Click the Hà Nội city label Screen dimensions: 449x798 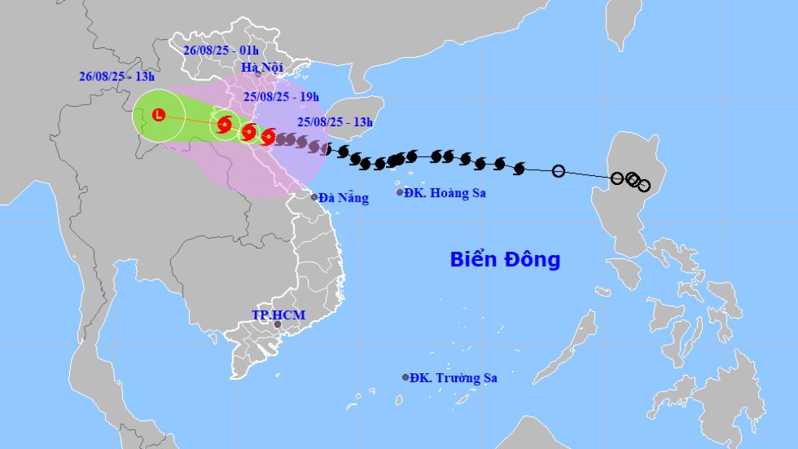tap(260, 68)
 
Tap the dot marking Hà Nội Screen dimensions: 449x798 tap(258, 74)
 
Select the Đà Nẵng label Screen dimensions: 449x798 tap(344, 197)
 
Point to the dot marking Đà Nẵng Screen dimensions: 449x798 tap(314, 197)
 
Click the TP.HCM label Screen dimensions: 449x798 tap(272, 315)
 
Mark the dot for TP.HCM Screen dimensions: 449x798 tap(277, 324)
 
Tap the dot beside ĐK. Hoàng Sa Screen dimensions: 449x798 tap(400, 192)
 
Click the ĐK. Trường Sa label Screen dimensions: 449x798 tap(454, 377)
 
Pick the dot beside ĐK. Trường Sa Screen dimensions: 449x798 tap(406, 377)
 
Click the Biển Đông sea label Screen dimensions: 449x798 tap(505, 260)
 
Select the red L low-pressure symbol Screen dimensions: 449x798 tap(159, 115)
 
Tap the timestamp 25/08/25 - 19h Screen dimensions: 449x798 tap(281, 97)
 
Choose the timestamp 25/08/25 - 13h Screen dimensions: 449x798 tap(334, 122)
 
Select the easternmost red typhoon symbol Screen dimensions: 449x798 tap(268, 136)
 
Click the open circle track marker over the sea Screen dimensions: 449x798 tap(559, 171)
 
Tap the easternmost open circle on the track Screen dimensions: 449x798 tap(644, 186)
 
